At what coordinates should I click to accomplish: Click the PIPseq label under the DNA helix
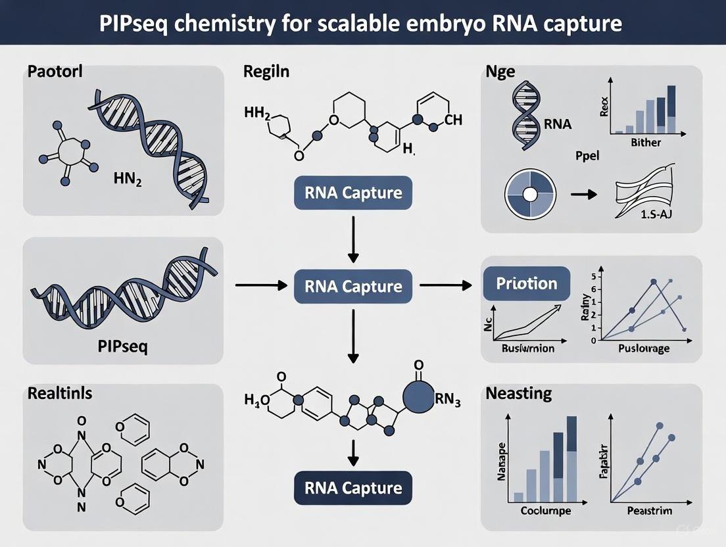coord(122,345)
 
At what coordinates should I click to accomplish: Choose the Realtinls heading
coord(60,394)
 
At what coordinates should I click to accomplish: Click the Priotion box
coord(527,283)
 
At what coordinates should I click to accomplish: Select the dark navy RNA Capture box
coord(353,488)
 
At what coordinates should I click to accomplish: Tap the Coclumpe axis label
coord(545,510)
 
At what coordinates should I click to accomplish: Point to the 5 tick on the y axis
coord(593,276)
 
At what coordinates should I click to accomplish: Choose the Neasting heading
coord(519,394)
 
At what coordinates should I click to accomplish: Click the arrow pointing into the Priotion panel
coord(446,285)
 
